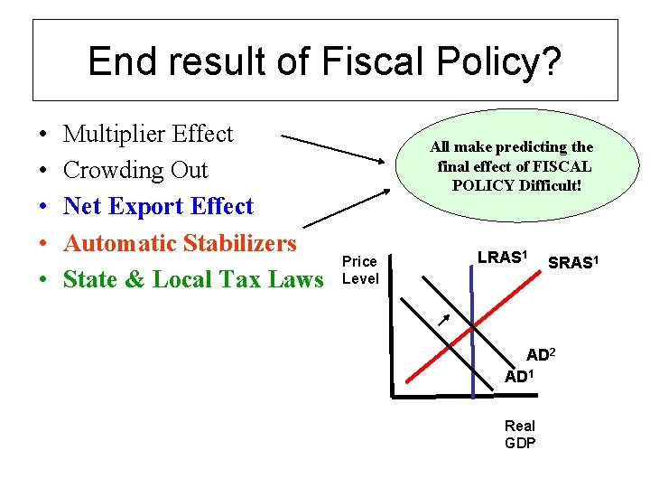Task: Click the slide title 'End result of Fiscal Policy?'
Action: click(x=324, y=61)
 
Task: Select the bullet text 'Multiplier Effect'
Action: click(x=148, y=135)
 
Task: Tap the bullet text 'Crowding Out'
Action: click(x=135, y=171)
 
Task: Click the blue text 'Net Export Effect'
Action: click(x=158, y=207)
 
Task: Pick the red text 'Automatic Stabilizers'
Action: click(x=180, y=243)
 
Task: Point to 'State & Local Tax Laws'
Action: click(x=192, y=280)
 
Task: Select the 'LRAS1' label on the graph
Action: click(x=502, y=258)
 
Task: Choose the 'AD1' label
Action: click(x=520, y=376)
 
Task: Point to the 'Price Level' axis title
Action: click(x=360, y=270)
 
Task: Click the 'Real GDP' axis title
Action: click(x=520, y=434)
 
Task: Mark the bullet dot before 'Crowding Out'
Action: click(x=43, y=172)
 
